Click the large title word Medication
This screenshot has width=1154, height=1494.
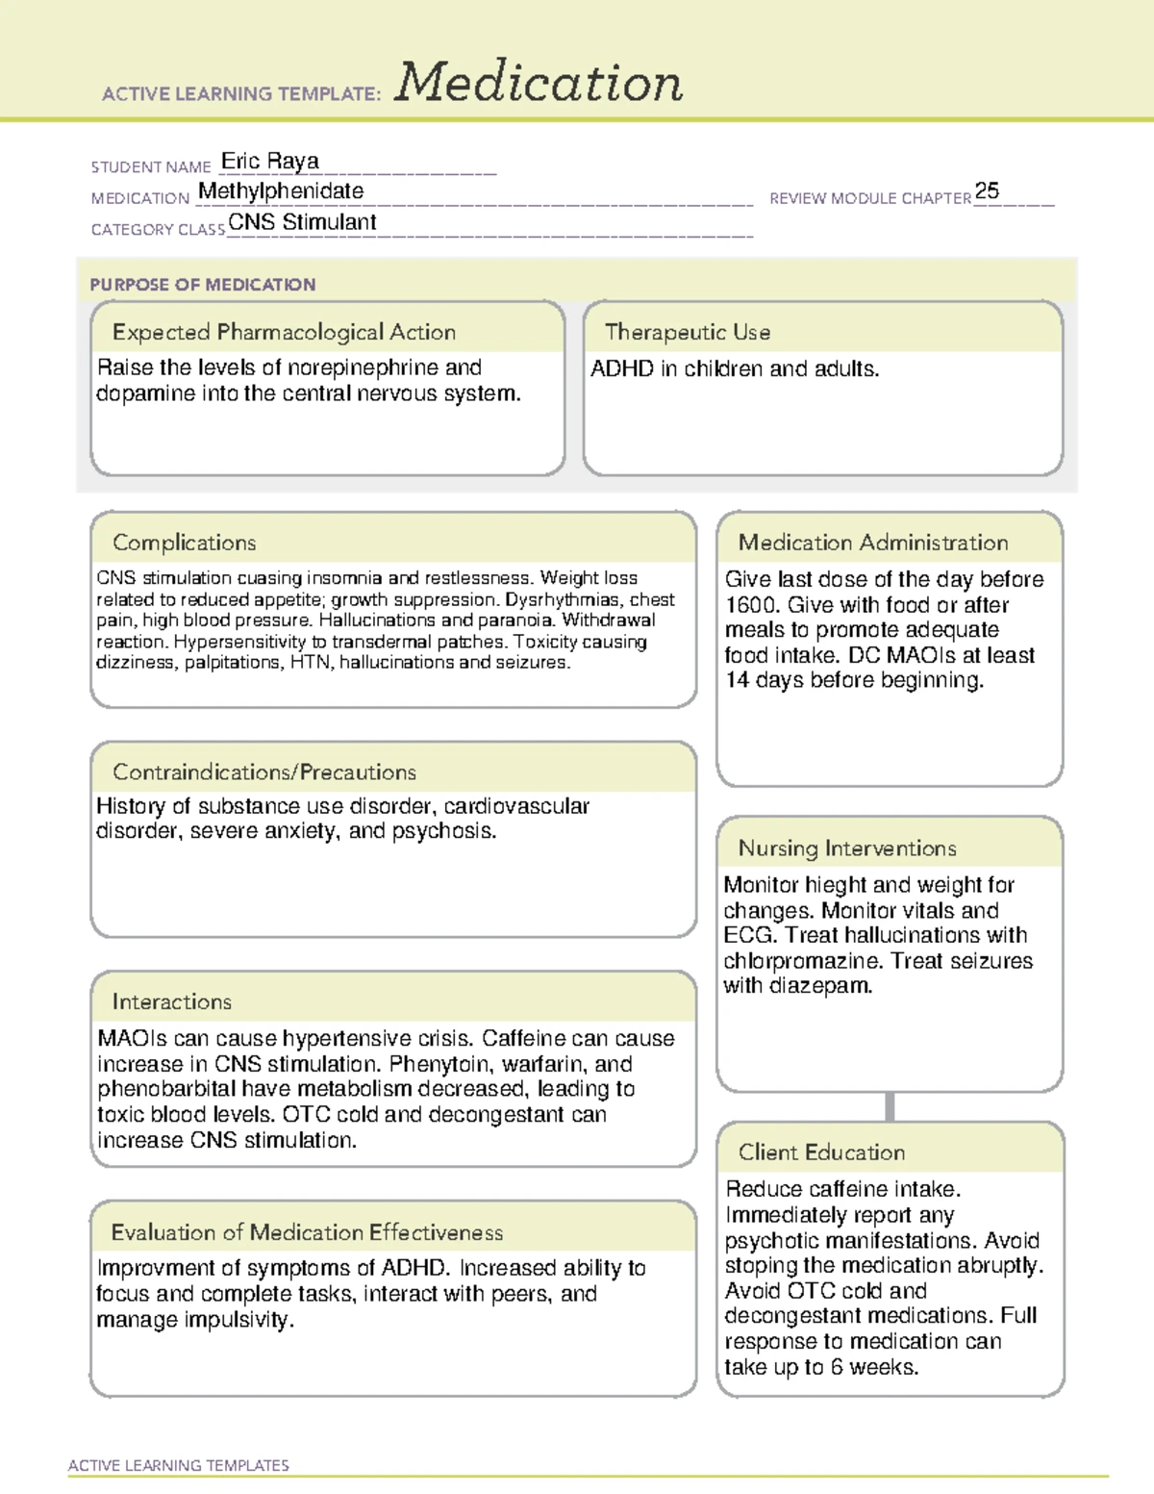click(539, 83)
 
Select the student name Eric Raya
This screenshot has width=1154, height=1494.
click(270, 161)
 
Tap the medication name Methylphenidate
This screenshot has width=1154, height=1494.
click(281, 191)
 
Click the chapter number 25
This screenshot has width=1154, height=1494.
click(987, 190)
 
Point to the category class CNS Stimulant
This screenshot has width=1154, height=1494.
click(302, 222)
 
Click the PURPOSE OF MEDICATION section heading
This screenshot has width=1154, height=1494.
click(203, 285)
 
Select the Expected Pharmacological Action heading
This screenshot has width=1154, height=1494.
click(284, 332)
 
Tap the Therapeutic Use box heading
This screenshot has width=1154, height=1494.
click(687, 332)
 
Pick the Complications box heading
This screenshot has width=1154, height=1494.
click(184, 543)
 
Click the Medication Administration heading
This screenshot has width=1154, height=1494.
click(872, 543)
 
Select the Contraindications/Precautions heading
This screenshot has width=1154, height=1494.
click(264, 772)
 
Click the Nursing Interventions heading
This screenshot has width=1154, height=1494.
click(846, 848)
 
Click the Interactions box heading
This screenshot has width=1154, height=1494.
click(171, 1002)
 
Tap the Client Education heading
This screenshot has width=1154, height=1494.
click(821, 1152)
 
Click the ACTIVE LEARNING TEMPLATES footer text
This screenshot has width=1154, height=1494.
click(179, 1465)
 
